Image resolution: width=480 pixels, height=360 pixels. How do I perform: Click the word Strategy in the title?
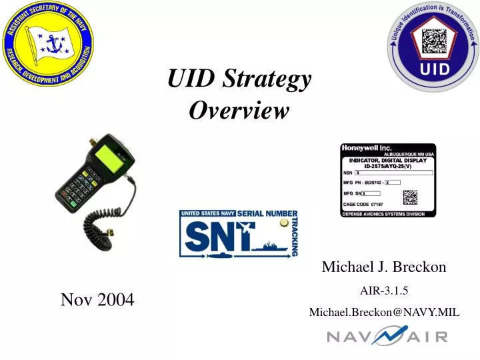click(x=269, y=81)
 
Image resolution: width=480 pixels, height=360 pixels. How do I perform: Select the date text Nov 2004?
click(x=97, y=300)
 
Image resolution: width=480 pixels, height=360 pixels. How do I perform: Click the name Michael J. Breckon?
click(x=384, y=267)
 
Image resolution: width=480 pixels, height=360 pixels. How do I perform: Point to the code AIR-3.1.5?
click(x=384, y=290)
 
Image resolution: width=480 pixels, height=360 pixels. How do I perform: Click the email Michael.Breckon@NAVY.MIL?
click(x=384, y=312)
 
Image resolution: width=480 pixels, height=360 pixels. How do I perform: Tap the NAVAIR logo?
click(x=387, y=335)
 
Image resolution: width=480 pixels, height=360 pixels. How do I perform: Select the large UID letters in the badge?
click(x=433, y=69)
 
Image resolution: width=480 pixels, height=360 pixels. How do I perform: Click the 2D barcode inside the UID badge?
click(x=434, y=41)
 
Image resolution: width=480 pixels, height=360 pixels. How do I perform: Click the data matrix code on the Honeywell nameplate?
click(x=410, y=198)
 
